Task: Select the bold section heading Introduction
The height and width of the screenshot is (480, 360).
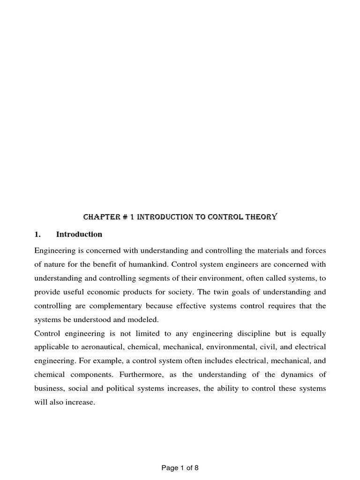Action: click(x=79, y=234)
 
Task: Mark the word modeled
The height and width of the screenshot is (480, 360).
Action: click(x=143, y=320)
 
